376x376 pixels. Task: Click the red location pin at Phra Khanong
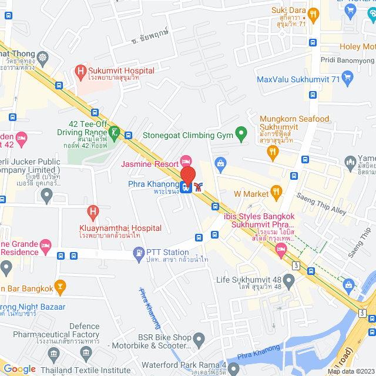click(x=187, y=175)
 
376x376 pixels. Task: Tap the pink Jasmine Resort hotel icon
click(x=186, y=160)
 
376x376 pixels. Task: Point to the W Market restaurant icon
click(x=274, y=193)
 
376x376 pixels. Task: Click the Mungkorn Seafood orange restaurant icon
click(x=272, y=152)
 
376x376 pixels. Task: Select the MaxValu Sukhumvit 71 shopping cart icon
click(x=347, y=77)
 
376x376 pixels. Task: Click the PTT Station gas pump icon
click(x=139, y=253)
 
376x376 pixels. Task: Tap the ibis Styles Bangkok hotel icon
click(x=281, y=251)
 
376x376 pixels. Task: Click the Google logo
click(x=19, y=368)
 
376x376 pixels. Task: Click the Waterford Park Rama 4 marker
click(x=234, y=369)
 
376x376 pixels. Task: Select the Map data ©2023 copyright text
click(x=350, y=371)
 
